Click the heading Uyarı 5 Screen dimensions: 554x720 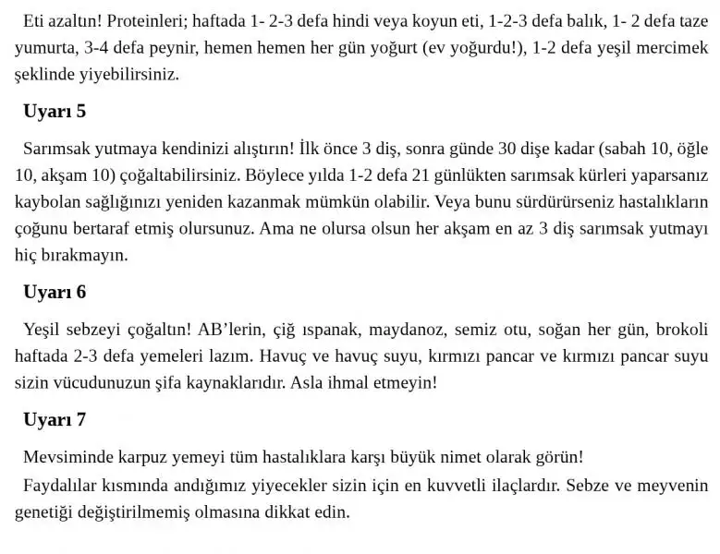55,112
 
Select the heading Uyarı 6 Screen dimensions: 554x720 55,292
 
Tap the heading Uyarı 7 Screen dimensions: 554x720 55,420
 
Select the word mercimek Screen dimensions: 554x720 670,47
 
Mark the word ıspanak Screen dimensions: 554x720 338,329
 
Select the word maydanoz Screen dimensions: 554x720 416,329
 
